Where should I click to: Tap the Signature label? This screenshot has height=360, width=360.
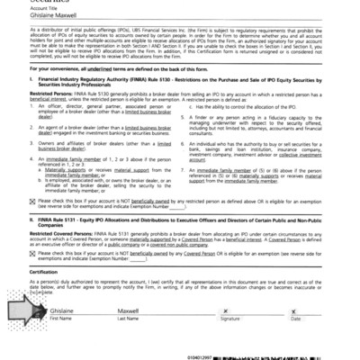coord(230,344)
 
